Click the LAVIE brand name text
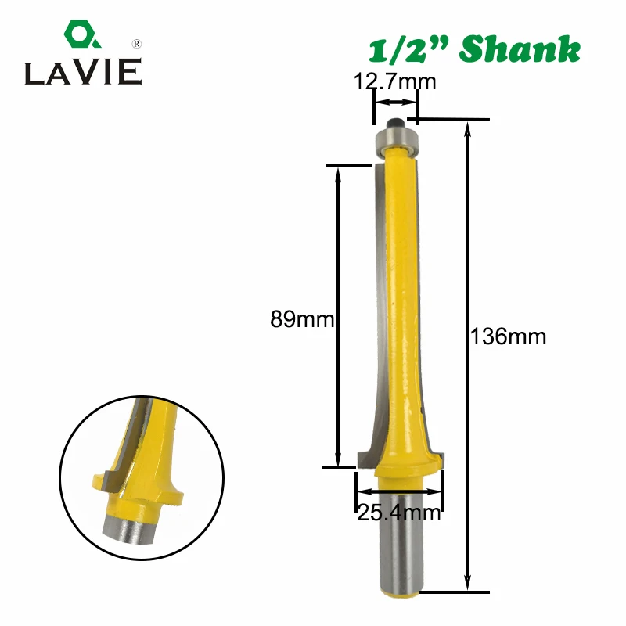[81, 73]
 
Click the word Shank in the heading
[520, 49]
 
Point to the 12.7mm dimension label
[394, 81]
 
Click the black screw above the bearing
[396, 122]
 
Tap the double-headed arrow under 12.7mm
[394, 102]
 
